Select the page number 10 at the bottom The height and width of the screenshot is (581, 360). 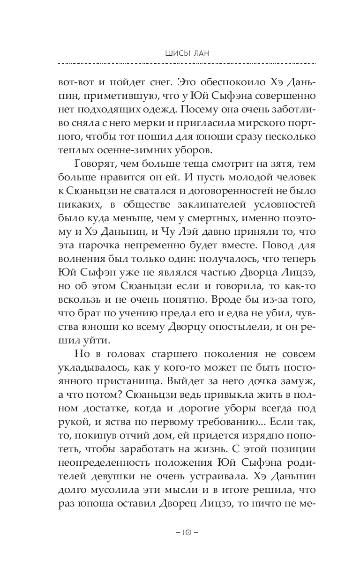click(180, 533)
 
